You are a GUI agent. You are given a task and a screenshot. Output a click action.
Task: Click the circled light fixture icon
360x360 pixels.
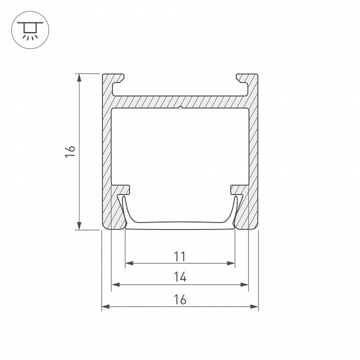coord(30,30)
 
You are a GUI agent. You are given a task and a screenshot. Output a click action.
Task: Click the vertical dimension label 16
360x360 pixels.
coord(70,151)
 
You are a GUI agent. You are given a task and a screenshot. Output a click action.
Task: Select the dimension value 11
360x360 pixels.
coord(180,256)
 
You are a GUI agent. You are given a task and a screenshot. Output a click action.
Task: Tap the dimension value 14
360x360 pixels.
coord(180,277)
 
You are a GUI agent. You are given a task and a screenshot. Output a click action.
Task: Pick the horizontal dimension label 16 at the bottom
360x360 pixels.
coord(180,299)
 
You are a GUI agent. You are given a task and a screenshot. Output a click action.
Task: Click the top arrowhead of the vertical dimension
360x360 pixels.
coord(79,77)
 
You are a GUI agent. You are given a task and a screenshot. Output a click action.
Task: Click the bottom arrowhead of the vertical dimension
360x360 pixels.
coord(79,225)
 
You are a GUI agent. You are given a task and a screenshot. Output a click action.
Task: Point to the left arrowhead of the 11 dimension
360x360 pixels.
coord(129,263)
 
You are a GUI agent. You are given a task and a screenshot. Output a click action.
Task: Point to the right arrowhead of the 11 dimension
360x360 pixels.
coord(230,263)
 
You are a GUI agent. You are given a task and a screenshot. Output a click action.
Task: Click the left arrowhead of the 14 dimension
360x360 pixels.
coord(115,284)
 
